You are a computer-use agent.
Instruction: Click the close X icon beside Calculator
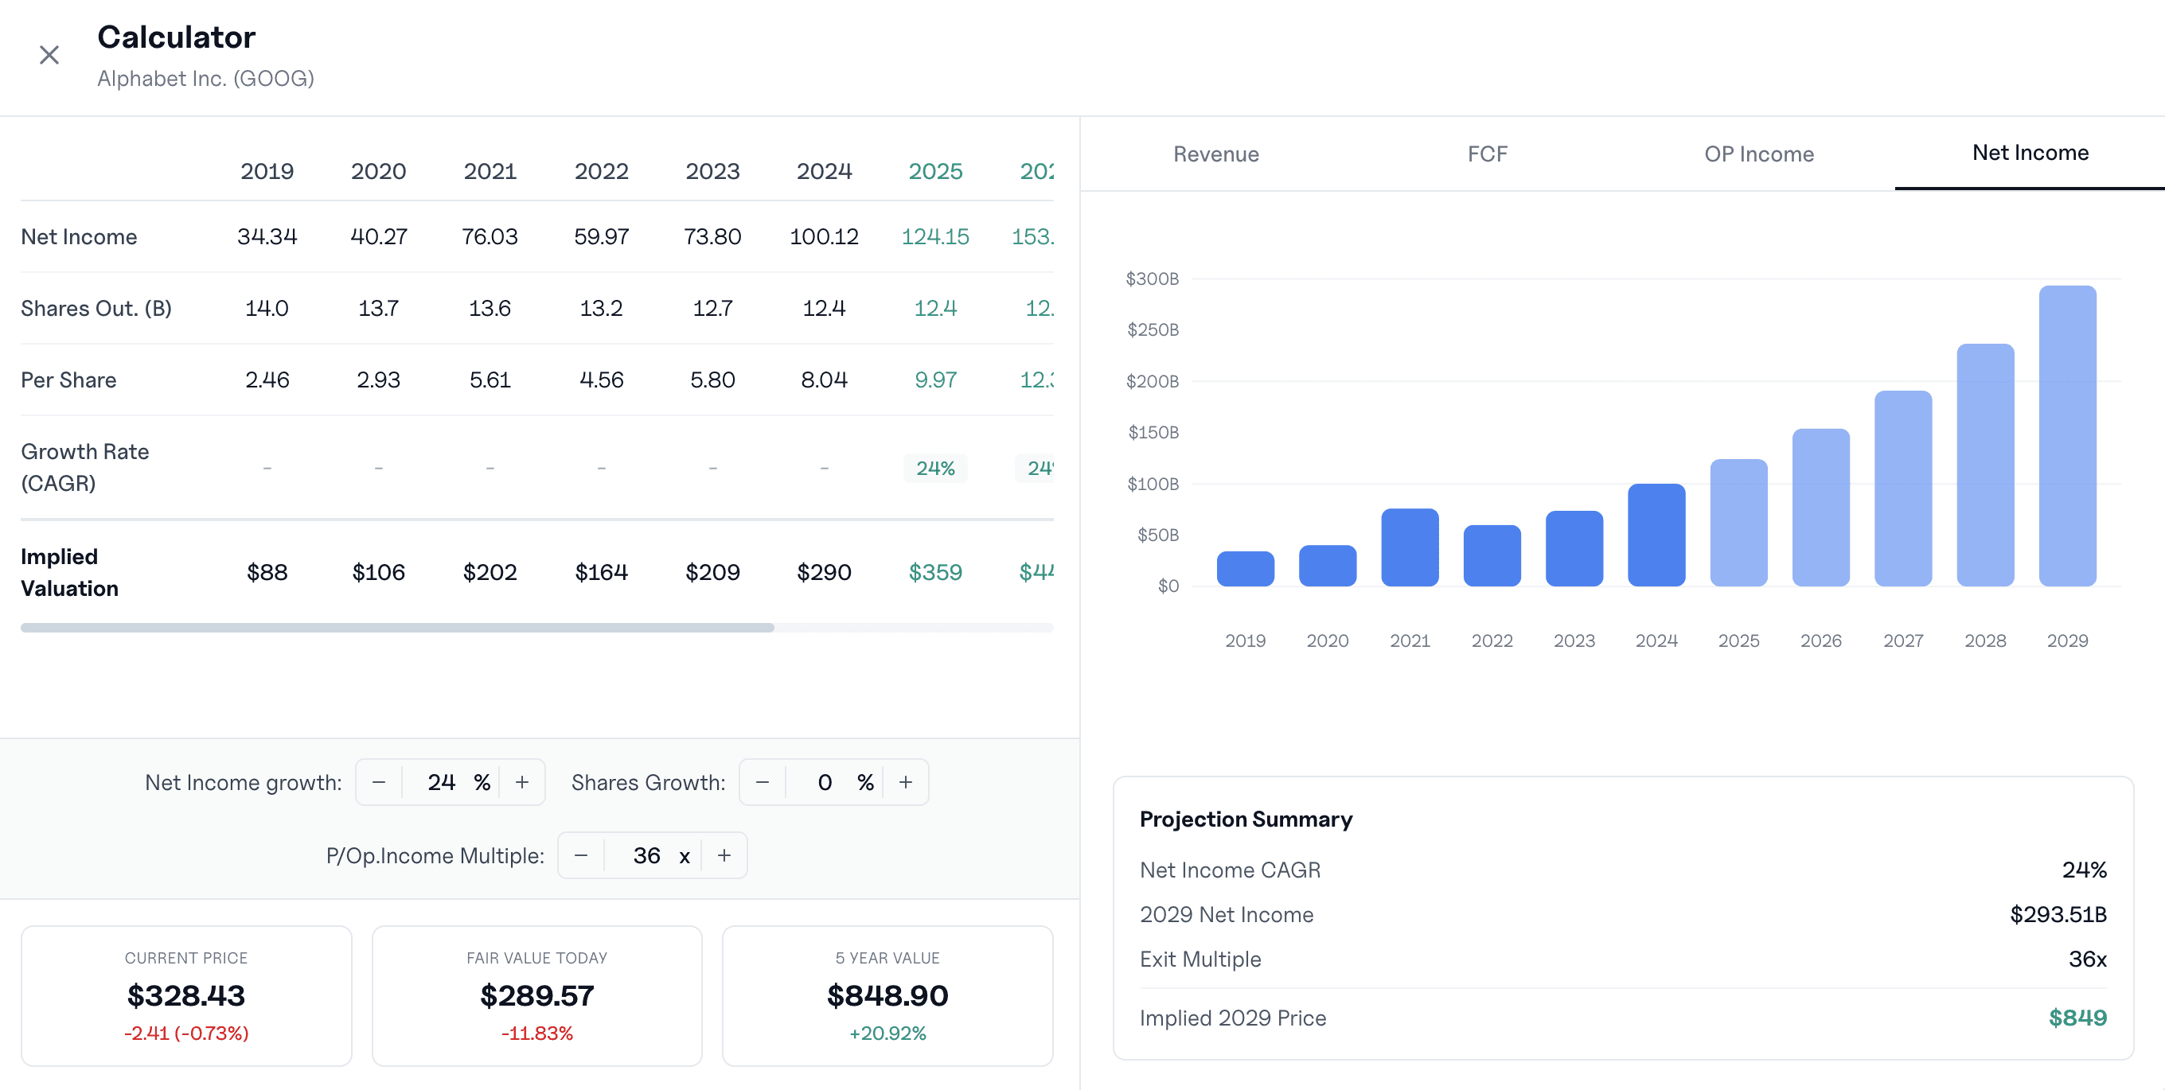click(49, 56)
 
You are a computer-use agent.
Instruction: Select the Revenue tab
click(1215, 154)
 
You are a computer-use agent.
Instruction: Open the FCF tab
click(1487, 154)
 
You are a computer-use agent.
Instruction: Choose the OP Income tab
click(1758, 154)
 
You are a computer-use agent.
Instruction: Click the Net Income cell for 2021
click(490, 237)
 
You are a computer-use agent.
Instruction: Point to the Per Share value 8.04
click(824, 380)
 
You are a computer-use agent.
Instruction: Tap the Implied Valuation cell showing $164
click(601, 572)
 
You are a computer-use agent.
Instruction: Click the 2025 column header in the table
click(934, 171)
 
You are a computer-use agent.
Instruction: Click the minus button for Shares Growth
click(763, 782)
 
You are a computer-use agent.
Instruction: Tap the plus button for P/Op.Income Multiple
click(724, 855)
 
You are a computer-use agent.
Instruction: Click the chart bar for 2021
click(1410, 548)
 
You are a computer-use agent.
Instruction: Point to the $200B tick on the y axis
click(1153, 382)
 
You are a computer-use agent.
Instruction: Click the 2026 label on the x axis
click(1820, 640)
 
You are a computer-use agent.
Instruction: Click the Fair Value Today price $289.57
click(537, 996)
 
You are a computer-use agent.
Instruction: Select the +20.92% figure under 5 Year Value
click(887, 1033)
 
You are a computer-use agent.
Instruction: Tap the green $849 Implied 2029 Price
click(2077, 1018)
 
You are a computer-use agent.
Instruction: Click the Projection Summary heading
click(1246, 819)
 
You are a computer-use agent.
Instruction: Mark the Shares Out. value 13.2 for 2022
click(601, 309)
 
